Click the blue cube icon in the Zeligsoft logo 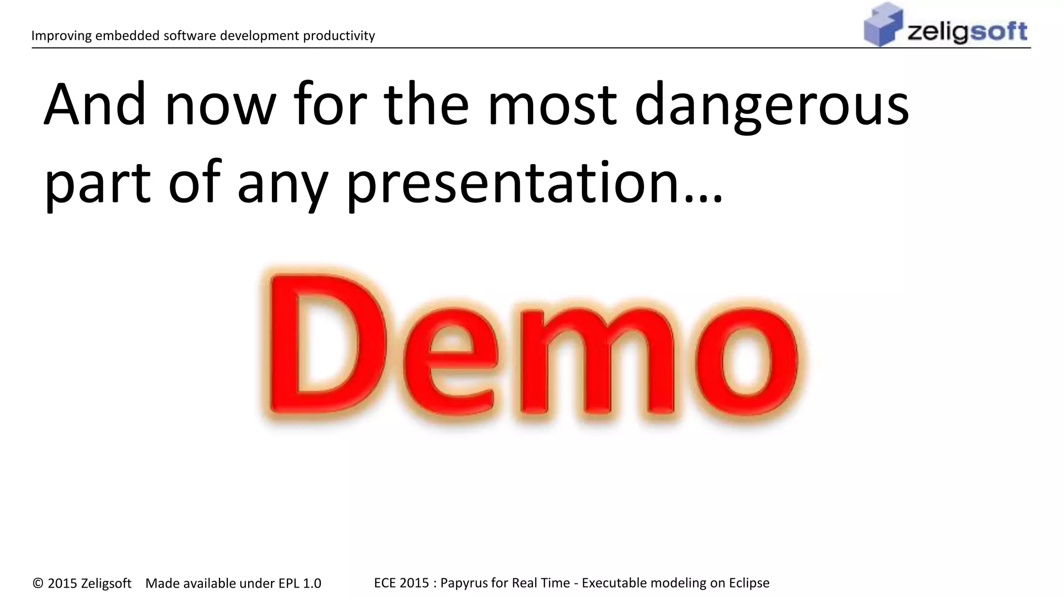point(883,24)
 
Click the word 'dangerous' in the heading point(771,106)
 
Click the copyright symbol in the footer point(38,583)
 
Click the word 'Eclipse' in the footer point(749,583)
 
